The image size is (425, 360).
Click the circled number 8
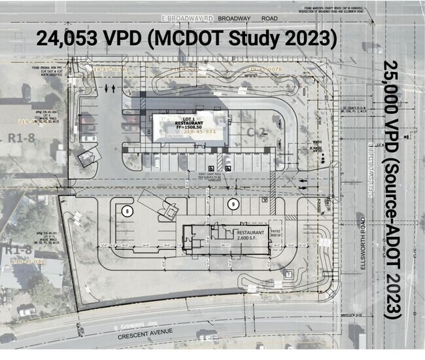(x=128, y=210)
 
